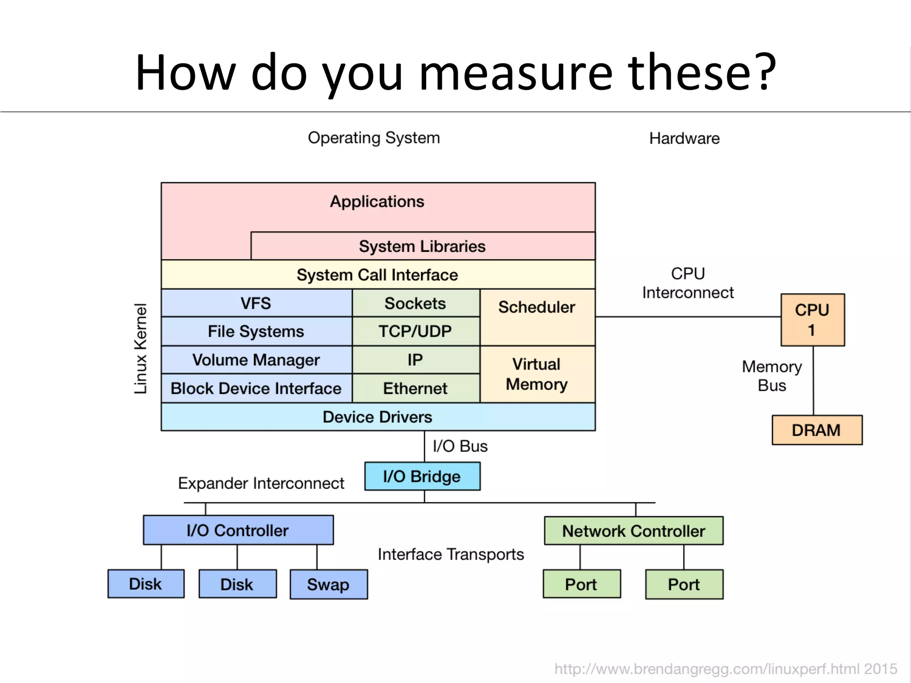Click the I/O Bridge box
pos(422,476)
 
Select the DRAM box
pos(817,430)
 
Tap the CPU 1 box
pos(812,320)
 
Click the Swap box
pos(328,584)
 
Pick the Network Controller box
pos(633,530)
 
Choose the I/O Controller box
pos(238,530)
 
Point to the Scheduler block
pos(537,317)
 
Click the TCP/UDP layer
pos(415,331)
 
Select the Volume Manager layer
pos(256,360)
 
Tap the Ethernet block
pos(415,388)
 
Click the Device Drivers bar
pos(378,417)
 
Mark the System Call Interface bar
pos(378,275)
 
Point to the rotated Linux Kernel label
pos(141,349)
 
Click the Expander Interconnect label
pos(261,483)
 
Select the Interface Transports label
pos(451,554)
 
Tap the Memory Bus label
pos(772,376)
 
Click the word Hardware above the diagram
pos(684,138)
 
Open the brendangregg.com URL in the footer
pos(725,669)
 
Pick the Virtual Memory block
pos(537,374)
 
